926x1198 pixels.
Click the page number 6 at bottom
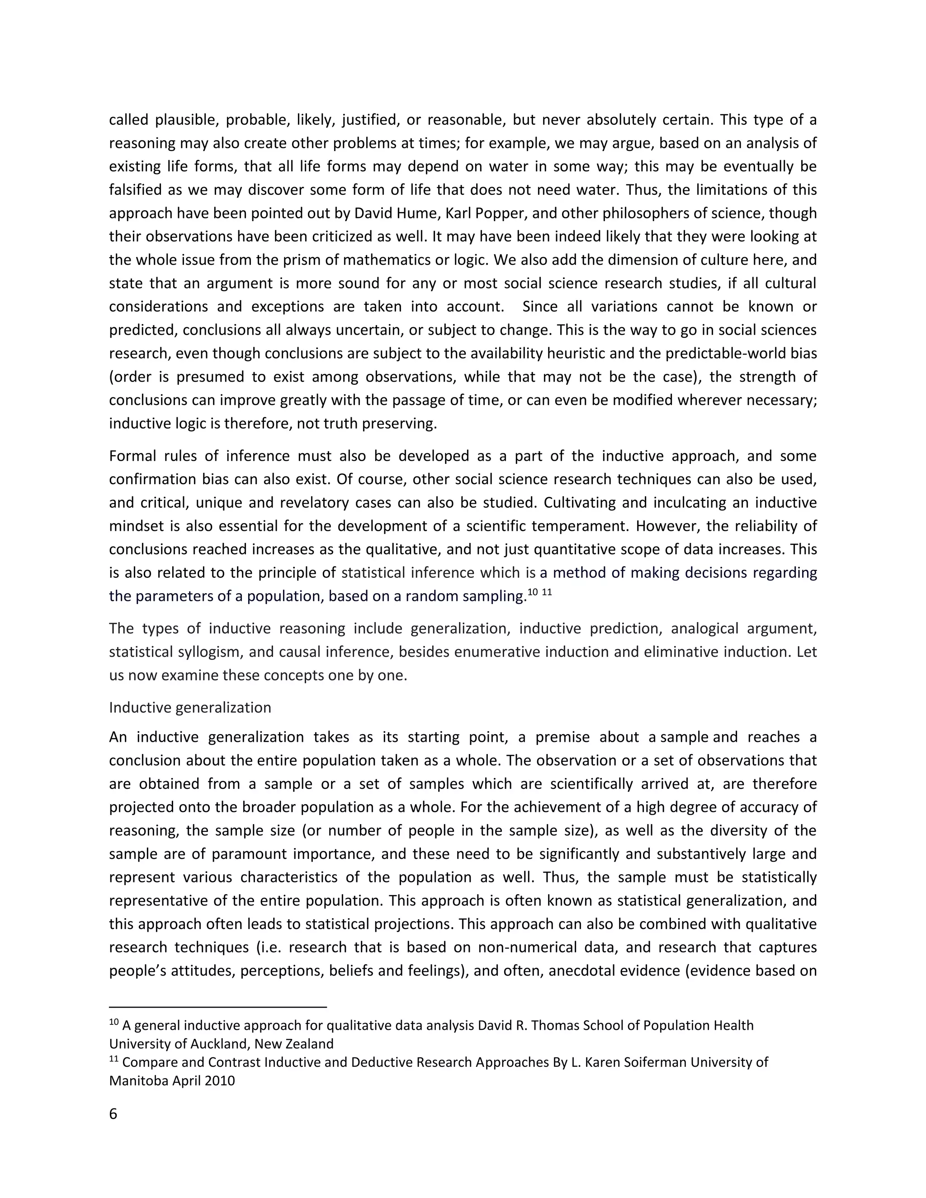[113, 1114]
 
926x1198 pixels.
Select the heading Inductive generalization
[190, 707]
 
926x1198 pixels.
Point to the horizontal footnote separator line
[218, 1007]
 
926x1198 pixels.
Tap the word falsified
[139, 190]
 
